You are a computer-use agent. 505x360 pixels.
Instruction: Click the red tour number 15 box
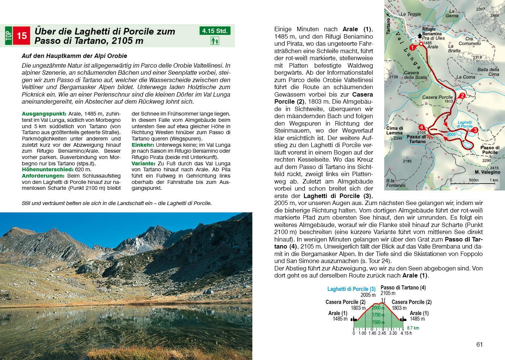tap(22, 36)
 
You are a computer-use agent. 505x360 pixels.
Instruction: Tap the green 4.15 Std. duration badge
tap(215, 31)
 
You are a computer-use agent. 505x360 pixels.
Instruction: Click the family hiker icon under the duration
tap(215, 41)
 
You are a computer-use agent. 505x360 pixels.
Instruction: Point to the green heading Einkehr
tap(143, 145)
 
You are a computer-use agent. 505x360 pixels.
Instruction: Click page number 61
tap(479, 344)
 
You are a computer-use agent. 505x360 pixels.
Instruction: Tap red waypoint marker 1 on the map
tap(412, 48)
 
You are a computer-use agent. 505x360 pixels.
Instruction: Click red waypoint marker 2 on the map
tap(462, 96)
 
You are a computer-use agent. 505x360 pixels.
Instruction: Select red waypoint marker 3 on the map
tap(475, 130)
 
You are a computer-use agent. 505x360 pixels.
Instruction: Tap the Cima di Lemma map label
tap(394, 130)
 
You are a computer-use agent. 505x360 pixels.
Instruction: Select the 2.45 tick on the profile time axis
tap(382, 333)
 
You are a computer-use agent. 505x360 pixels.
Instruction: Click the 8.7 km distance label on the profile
tap(413, 328)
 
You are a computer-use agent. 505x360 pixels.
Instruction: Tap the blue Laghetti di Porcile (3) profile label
tap(351, 289)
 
